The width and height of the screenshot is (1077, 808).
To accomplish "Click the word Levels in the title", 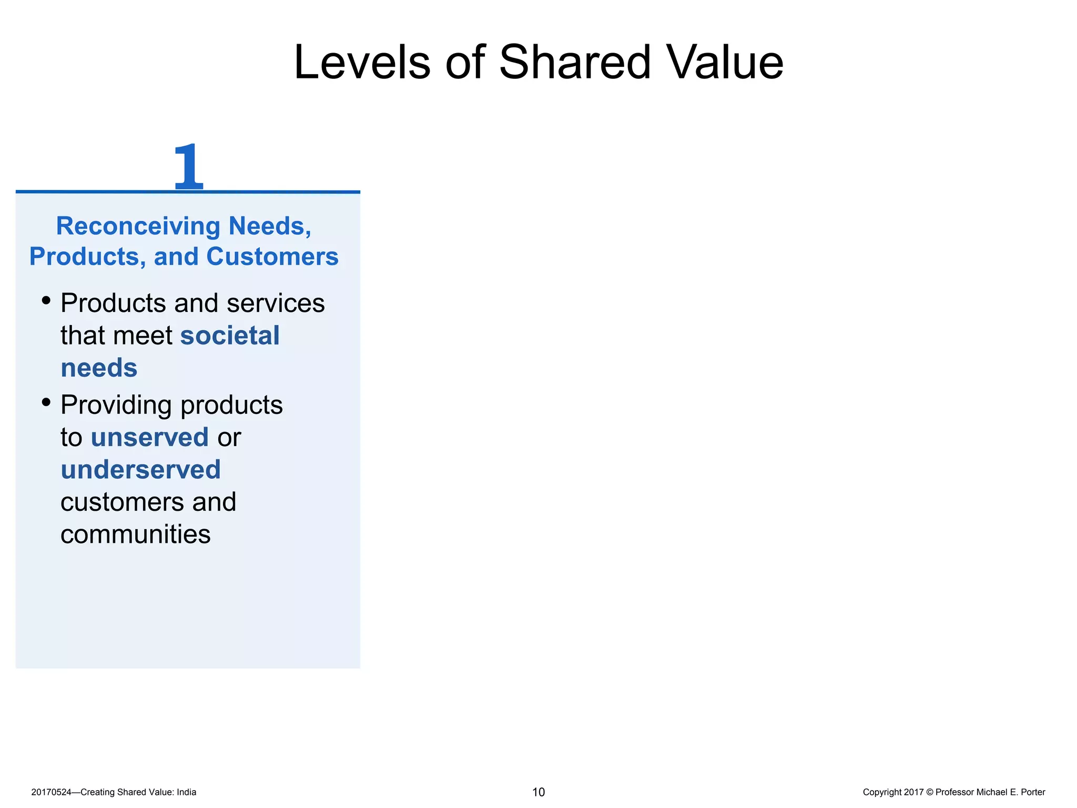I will tap(362, 63).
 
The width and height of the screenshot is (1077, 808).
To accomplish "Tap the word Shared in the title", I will tap(575, 63).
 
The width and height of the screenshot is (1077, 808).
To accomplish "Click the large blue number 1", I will tap(188, 167).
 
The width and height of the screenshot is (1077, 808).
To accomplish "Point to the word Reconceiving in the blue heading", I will tap(138, 226).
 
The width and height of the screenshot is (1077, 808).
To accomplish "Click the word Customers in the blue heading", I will tap(272, 257).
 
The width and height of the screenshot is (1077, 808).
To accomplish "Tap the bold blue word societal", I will tap(230, 336).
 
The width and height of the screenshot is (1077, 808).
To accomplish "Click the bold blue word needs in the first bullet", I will tap(99, 368).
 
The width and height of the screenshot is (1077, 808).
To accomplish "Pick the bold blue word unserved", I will tap(150, 437).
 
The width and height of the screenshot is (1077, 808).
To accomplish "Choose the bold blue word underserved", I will tap(140, 470).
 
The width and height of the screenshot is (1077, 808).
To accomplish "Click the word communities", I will tap(135, 534).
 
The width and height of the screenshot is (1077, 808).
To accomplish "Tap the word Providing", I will tap(116, 405).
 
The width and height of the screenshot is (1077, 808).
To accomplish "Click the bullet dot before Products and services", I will tap(46, 301).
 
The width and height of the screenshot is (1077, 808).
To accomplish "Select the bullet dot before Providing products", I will tap(46, 402).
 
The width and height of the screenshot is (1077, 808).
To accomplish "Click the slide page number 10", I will tap(538, 792).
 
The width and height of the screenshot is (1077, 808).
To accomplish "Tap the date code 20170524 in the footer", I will tap(51, 792).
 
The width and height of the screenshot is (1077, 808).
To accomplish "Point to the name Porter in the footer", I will tap(1032, 792).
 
